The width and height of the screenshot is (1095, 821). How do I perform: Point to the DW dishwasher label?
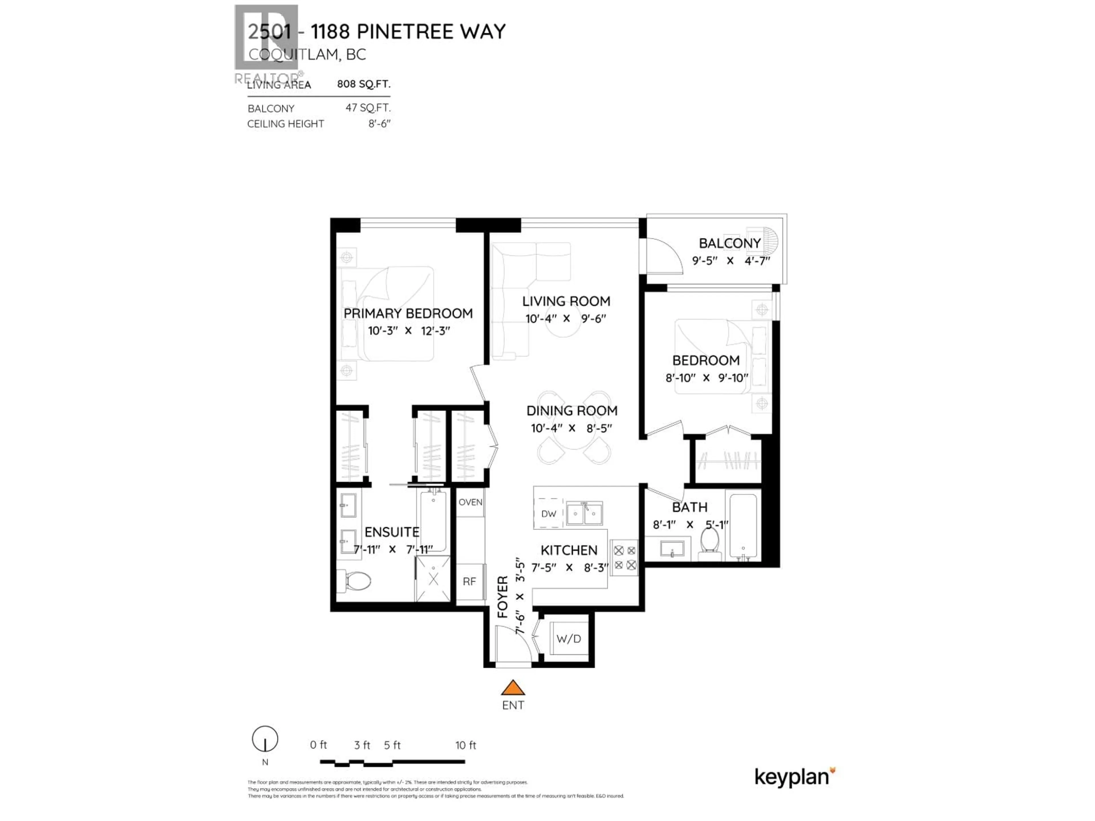(x=548, y=514)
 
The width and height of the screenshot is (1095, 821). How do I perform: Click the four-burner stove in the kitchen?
(x=624, y=558)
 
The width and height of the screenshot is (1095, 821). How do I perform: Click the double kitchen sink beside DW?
(x=584, y=514)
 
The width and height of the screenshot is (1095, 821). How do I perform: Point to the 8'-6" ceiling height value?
(x=379, y=124)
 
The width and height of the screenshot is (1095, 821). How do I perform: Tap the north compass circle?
(x=265, y=739)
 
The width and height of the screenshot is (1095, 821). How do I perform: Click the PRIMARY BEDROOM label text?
(x=408, y=313)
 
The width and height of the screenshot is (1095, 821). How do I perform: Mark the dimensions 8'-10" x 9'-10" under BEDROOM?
(x=706, y=378)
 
